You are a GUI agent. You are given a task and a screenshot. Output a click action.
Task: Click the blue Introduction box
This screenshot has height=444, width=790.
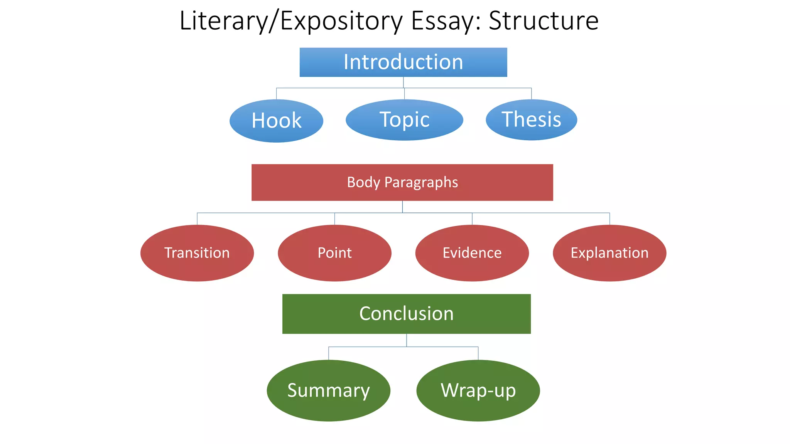click(403, 62)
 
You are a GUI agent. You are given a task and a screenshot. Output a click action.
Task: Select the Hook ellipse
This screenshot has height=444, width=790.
click(276, 121)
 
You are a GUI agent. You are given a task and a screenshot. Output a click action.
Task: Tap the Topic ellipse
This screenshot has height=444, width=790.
click(404, 119)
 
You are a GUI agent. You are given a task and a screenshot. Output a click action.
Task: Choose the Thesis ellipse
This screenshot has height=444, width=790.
click(531, 119)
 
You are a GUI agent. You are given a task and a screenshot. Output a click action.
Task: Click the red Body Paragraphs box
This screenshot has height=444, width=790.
click(402, 182)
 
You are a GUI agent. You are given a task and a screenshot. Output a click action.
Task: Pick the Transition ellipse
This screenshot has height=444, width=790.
click(197, 253)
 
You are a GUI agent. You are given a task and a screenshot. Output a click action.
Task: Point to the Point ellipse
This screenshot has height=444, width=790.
click(334, 253)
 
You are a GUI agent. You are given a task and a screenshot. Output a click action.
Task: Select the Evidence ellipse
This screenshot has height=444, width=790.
click(472, 253)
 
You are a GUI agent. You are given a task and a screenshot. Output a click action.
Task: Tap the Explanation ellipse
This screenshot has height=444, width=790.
click(609, 253)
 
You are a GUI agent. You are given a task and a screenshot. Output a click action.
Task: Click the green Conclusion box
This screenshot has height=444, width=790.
click(406, 314)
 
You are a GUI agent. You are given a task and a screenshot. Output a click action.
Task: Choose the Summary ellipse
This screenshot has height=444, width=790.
click(328, 390)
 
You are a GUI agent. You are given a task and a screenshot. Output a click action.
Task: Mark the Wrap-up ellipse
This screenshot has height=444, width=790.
click(478, 390)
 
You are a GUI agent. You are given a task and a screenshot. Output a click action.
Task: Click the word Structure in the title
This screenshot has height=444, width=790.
click(543, 21)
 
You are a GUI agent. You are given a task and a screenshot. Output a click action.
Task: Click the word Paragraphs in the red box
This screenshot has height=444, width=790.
click(421, 182)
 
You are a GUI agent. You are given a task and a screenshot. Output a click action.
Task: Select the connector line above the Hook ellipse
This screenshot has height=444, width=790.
click(276, 94)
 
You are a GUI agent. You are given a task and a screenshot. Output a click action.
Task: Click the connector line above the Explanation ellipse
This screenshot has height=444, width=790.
click(609, 219)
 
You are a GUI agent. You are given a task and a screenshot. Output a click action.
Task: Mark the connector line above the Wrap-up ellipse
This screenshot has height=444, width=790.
click(478, 353)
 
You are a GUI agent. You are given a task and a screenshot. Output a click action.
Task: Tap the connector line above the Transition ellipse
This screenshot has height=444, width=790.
click(197, 219)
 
